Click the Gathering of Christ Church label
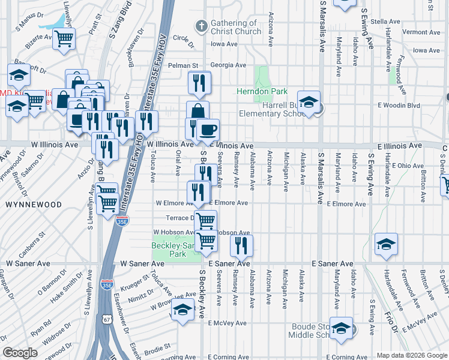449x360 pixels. [x=235, y=27]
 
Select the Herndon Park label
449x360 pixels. [x=262, y=92]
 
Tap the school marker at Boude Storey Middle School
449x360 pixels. [x=341, y=328]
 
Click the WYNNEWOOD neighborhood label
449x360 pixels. [x=34, y=205]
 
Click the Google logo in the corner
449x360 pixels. [x=20, y=352]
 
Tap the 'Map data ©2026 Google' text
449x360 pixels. [x=411, y=355]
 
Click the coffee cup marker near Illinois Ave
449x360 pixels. [x=208, y=130]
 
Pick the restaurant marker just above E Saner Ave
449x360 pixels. [x=241, y=244]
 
